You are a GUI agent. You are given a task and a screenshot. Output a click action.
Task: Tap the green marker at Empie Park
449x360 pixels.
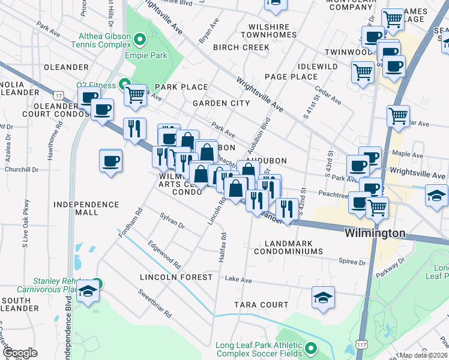tap(140, 41)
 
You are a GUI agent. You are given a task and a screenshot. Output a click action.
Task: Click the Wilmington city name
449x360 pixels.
tap(375, 233)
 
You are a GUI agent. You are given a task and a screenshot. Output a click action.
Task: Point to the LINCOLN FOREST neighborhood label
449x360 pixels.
tap(176, 277)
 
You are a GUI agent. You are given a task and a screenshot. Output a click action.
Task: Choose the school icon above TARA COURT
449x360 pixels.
tap(323, 297)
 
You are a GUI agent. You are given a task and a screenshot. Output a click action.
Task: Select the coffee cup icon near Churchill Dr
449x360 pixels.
tap(111, 161)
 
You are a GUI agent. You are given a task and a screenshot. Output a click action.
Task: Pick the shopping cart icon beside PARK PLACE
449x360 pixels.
tap(136, 94)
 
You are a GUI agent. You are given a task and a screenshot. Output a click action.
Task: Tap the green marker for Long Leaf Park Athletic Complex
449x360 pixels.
tap(310, 348)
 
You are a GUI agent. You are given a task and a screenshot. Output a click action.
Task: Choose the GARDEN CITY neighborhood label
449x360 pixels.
tap(221, 103)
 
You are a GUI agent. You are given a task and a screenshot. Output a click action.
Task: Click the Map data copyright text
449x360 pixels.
tap(424, 355)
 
